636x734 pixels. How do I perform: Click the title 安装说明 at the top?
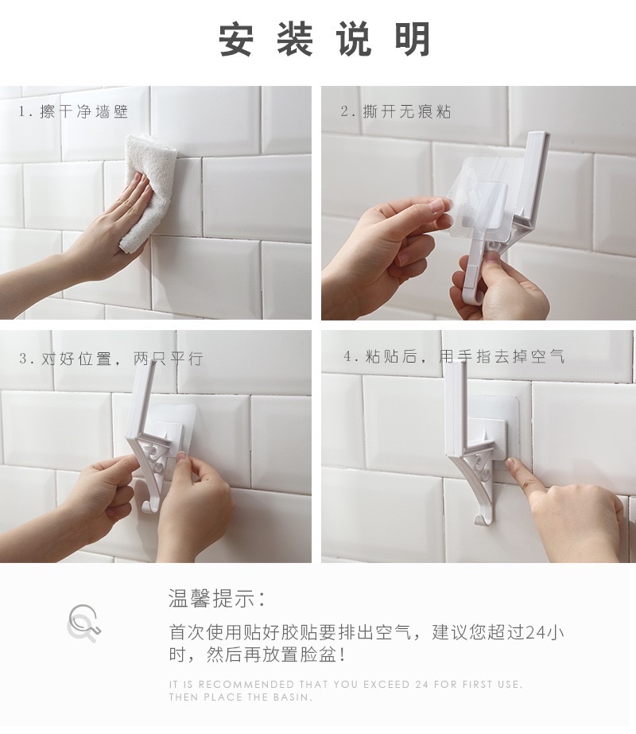324,39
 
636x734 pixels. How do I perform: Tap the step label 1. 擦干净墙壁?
73,111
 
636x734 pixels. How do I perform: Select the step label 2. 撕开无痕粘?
396,111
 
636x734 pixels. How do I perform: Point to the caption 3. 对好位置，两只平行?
111,359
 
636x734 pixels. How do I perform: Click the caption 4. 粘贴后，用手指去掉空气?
454,356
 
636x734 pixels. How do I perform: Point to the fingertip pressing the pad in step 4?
510,464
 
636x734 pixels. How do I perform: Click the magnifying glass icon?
83,623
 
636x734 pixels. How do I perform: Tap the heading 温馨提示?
217,598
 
